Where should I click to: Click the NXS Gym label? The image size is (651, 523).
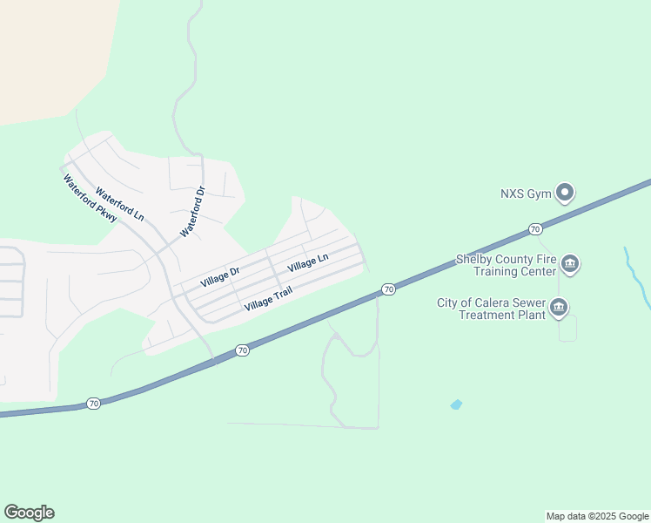coord(526,194)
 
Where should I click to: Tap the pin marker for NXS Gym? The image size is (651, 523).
coord(566,193)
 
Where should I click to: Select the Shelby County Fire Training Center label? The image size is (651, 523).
coord(506,265)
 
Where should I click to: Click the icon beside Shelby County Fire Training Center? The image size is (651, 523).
coord(570,264)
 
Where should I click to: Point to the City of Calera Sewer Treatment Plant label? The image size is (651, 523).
coord(491,308)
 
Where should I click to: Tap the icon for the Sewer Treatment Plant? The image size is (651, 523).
coord(559,307)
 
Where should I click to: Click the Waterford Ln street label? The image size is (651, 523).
coord(119,203)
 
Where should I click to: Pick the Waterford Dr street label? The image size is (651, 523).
coord(192,212)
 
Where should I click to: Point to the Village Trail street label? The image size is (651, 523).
coord(268,299)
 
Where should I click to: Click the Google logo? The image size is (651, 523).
coord(29,513)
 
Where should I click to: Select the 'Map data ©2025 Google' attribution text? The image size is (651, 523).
coord(598,516)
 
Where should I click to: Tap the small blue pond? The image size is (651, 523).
coord(456,404)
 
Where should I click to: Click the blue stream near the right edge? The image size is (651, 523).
coord(638,277)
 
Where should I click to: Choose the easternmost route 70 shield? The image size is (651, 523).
coord(535,229)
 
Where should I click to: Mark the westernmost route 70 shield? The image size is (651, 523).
coord(93,404)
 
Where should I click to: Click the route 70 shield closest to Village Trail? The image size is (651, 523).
coord(242,350)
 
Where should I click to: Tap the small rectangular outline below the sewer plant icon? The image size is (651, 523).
coord(567,329)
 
